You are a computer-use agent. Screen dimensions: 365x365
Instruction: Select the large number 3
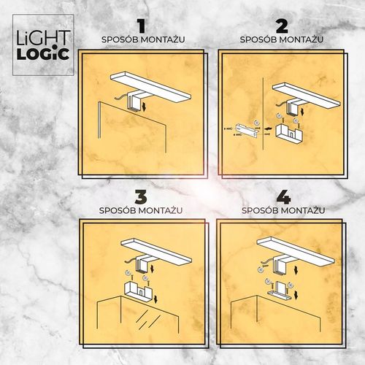141,198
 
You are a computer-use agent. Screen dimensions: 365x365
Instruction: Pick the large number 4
281,198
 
